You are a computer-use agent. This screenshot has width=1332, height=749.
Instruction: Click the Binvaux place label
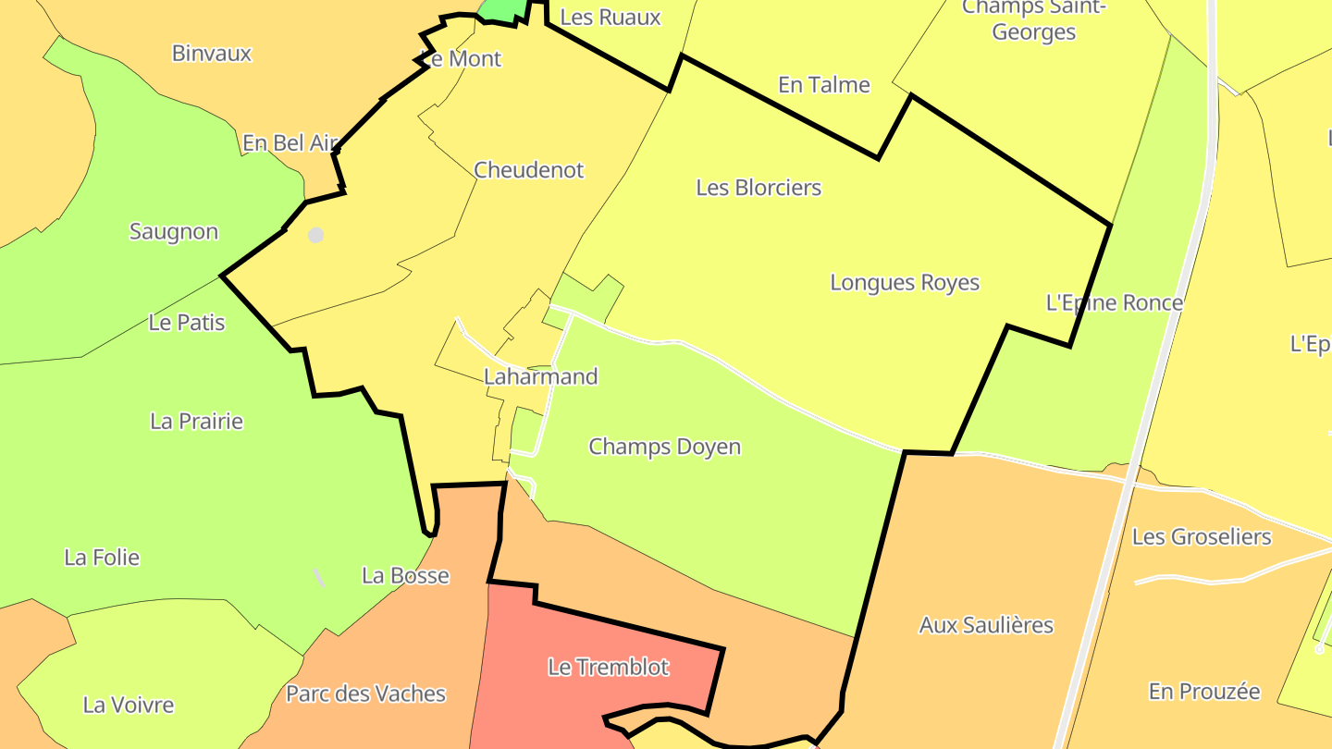point(212,54)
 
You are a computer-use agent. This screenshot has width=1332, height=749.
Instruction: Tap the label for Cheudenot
point(529,170)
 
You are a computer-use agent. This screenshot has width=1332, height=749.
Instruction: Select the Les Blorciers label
point(758,188)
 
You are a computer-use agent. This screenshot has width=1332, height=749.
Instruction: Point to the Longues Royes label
point(905,282)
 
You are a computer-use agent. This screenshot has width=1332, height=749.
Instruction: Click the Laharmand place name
point(541,376)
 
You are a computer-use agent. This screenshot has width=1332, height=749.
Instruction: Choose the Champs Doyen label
point(665,447)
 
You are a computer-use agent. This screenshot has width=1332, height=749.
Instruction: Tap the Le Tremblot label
point(609,667)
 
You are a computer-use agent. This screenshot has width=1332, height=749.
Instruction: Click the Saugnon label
point(174,231)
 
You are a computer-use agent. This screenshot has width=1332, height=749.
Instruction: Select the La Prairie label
point(196,421)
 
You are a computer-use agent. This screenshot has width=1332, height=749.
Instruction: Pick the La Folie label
point(102,558)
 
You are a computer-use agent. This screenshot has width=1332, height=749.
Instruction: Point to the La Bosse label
point(405,575)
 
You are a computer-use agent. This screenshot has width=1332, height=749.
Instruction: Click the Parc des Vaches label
point(366,694)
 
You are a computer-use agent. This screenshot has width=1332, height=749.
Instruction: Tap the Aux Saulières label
point(986,625)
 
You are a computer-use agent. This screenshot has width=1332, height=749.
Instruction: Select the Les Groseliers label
point(1202,536)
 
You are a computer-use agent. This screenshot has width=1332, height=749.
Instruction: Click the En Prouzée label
point(1204,692)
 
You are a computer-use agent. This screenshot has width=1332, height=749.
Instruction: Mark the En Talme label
point(824,85)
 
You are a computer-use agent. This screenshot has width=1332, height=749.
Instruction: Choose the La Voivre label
point(129,705)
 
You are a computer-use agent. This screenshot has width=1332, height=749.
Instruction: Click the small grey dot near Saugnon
point(315,235)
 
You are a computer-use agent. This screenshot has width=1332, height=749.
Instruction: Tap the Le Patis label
point(187,323)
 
